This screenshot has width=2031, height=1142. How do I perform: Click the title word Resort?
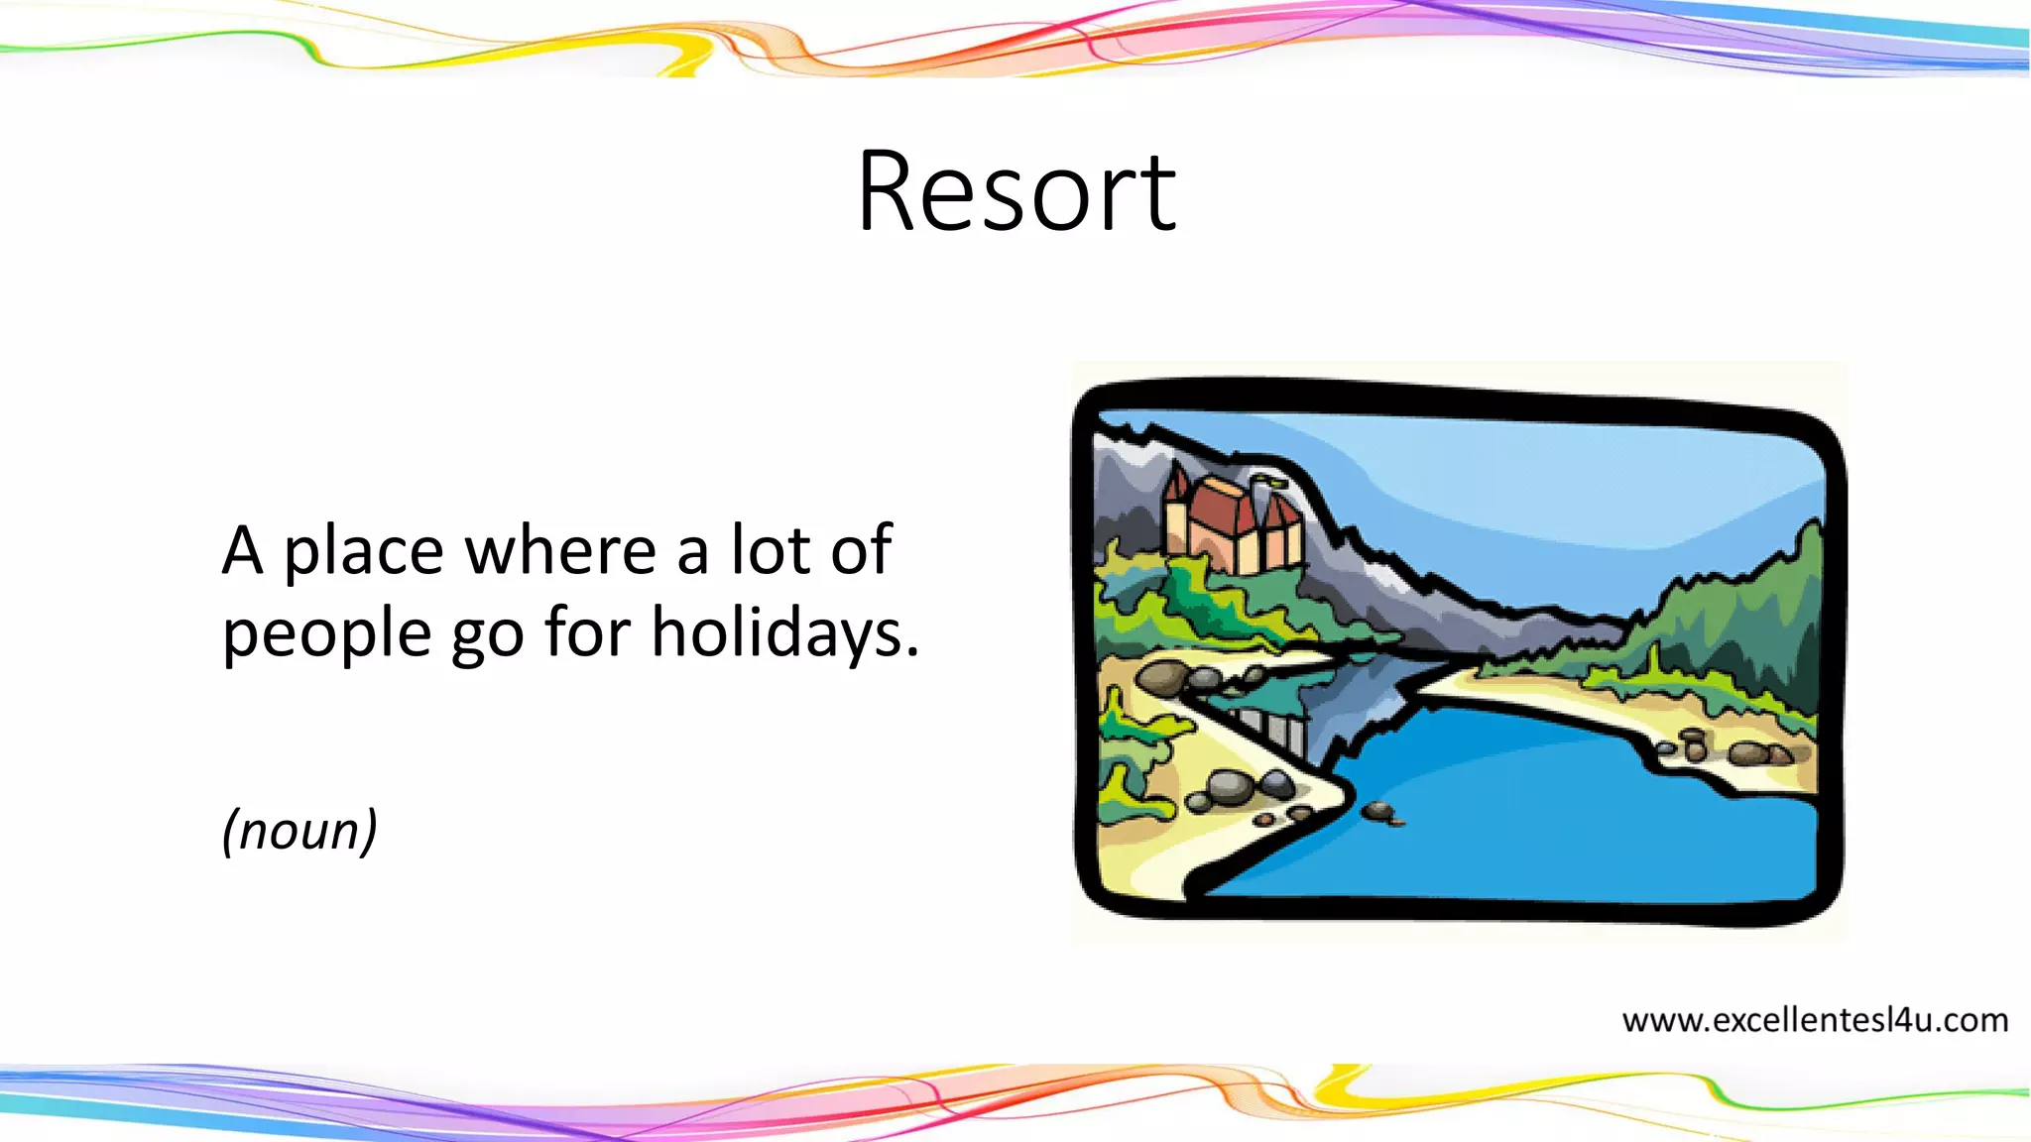click(x=1016, y=191)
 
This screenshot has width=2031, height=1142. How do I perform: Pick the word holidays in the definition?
click(x=784, y=631)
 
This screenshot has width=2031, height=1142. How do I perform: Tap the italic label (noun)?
click(x=299, y=830)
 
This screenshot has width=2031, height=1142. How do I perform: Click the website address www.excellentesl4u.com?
click(x=1815, y=1020)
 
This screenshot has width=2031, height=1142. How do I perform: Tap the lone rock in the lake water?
click(x=1377, y=811)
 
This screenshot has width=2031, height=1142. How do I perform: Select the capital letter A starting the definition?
click(x=243, y=551)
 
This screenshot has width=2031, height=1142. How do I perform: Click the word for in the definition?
click(x=587, y=631)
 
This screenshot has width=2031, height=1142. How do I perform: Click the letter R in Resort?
click(x=891, y=191)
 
